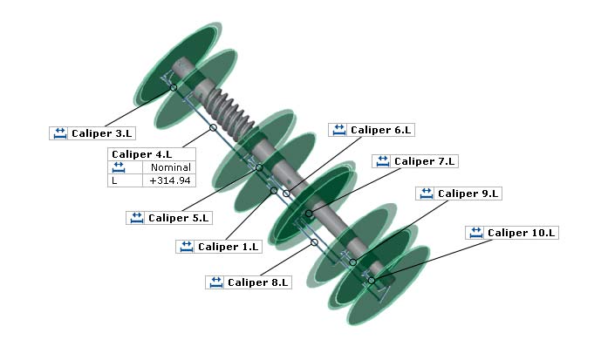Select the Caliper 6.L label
click(380, 130)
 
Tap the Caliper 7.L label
click(424, 161)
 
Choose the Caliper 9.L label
click(468, 194)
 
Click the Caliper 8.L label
click(257, 282)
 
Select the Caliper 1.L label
click(229, 247)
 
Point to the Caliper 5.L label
click(179, 218)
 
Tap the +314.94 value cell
click(170, 180)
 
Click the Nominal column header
click(170, 167)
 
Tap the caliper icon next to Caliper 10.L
click(476, 233)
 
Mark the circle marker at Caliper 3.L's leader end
click(174, 87)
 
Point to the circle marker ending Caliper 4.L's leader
click(213, 128)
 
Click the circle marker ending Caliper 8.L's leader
click(314, 242)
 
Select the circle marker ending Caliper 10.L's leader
click(371, 280)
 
